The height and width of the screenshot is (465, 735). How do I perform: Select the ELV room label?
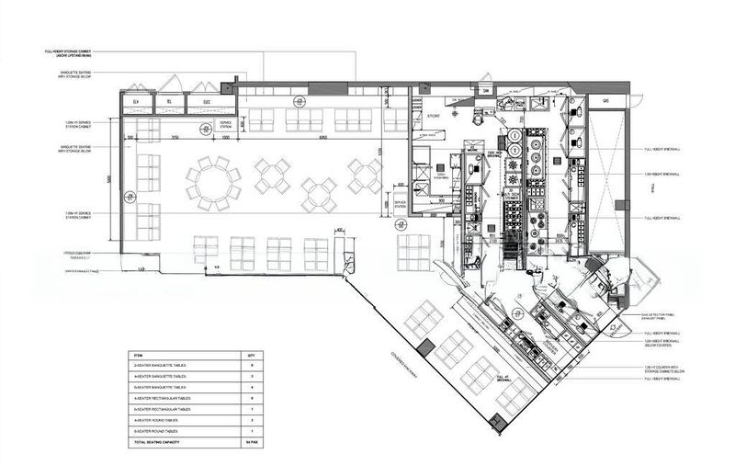[136, 101]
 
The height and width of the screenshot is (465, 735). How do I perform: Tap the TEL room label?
[172, 101]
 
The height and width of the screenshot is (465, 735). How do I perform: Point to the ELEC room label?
[207, 101]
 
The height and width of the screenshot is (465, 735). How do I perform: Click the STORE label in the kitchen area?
[434, 117]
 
